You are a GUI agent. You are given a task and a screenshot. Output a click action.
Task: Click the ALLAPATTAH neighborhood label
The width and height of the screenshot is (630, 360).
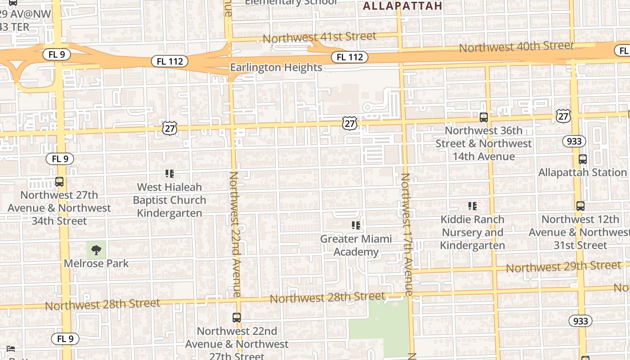pos(402,6)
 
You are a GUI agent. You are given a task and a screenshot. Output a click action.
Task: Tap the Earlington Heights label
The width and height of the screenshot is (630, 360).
pos(276,67)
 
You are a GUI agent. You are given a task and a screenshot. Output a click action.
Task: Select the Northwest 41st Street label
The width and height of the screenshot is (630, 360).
pos(319,37)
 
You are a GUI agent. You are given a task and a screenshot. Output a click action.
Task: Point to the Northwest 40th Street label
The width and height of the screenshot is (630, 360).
pos(516,46)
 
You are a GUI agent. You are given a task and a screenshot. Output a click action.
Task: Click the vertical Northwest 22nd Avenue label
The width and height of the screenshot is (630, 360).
pos(235,234)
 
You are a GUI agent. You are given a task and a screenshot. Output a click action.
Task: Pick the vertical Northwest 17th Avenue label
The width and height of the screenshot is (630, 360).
pos(406,234)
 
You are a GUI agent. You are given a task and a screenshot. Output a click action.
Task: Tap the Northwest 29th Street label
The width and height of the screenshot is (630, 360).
pos(563,266)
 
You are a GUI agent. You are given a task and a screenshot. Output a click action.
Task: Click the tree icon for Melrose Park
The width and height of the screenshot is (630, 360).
pos(96,250)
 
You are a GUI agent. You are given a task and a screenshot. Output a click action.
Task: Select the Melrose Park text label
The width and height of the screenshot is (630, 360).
pos(96,263)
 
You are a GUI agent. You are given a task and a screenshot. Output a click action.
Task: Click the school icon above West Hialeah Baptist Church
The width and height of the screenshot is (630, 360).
pos(170,174)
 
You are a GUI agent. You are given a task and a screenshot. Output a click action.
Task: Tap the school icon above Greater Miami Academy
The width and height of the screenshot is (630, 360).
pos(356,225)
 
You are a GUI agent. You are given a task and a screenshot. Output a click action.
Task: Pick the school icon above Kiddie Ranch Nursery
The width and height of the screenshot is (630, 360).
pos(472,206)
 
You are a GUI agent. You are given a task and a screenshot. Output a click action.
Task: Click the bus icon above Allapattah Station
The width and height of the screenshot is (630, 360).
pos(582,159)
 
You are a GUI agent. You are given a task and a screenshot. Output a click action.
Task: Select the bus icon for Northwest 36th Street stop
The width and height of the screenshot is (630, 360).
pos(484,117)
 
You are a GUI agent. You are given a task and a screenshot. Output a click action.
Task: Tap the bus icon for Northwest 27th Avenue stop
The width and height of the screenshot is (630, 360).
pos(59,182)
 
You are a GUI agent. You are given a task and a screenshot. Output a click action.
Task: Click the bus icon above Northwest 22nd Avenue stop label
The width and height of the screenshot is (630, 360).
pos(237,318)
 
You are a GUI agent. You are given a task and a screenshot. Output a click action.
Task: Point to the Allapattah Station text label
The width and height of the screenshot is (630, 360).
pos(582,172)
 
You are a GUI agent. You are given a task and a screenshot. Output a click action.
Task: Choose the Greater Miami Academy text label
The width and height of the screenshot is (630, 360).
pos(356,245)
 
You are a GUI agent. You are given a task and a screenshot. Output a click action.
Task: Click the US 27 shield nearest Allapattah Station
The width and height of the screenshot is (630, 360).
pos(563,116)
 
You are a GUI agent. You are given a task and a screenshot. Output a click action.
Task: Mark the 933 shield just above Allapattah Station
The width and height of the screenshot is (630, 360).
pos(574,141)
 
